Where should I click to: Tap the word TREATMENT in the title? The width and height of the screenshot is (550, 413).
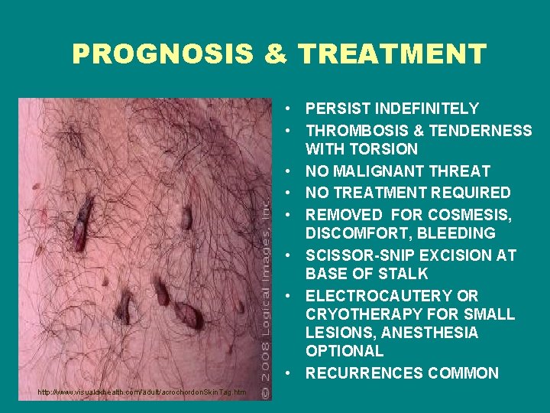tap(392, 54)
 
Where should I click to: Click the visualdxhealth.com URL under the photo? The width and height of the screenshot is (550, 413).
tap(143, 392)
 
